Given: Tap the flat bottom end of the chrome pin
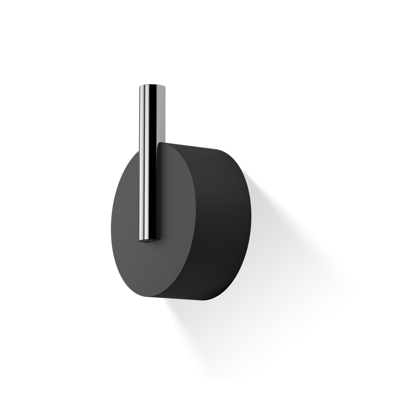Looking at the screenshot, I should click(x=148, y=241).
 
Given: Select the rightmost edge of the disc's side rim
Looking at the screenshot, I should click(x=251, y=219).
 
